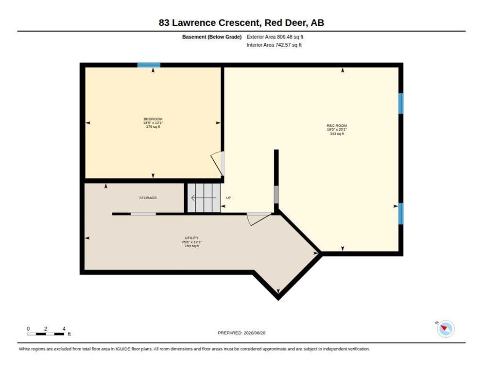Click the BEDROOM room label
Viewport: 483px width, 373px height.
[x=153, y=119]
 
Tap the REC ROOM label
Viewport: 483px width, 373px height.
[x=337, y=126]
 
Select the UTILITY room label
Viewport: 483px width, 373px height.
[x=191, y=238]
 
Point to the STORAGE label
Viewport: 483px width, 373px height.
[x=148, y=198]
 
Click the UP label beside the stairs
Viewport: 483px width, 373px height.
[x=228, y=198]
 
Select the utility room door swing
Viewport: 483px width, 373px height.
[x=259, y=219]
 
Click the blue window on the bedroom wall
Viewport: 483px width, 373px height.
[x=149, y=65]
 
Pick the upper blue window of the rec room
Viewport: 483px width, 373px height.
[x=401, y=103]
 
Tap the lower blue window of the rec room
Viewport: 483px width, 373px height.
[x=401, y=213]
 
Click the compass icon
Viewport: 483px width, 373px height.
[x=446, y=329]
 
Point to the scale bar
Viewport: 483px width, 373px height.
[x=46, y=334]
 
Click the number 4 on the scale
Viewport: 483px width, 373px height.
[x=64, y=329]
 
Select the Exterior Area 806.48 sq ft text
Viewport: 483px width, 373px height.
[x=275, y=37]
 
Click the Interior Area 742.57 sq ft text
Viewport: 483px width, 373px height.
[x=274, y=45]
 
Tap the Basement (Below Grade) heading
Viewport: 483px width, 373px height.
[x=212, y=37]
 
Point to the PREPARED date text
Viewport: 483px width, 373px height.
[x=241, y=333]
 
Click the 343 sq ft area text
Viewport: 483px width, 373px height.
[x=337, y=134]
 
